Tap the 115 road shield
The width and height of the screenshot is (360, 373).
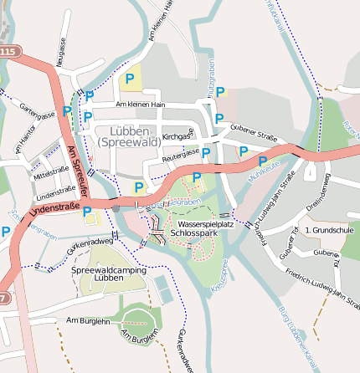[8, 52]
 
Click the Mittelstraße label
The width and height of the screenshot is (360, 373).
[51, 172]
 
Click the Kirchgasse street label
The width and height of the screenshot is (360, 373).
[177, 135]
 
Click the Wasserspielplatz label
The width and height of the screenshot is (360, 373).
[205, 223]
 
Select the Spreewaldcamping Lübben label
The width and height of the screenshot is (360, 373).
[109, 274]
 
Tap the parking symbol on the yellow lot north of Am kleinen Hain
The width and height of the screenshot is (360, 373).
[129, 80]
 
